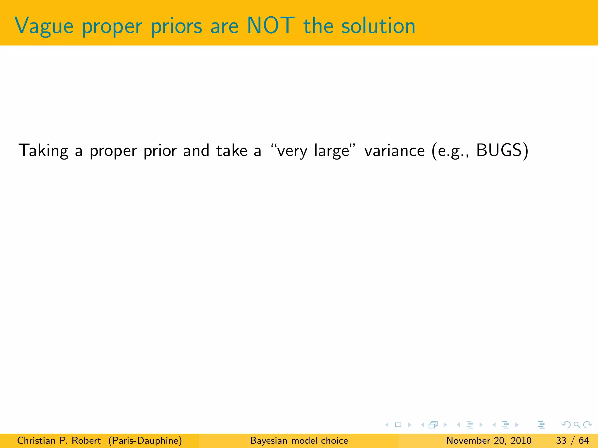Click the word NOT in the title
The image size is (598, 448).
[270, 26]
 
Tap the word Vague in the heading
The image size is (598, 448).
[44, 26]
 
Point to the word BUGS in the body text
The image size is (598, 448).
[499, 150]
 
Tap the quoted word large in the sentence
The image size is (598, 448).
[332, 151]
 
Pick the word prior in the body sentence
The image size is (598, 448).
[160, 151]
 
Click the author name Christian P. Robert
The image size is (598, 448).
[59, 440]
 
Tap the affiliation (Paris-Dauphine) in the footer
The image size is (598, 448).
[145, 440]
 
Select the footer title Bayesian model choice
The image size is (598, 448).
[299, 440]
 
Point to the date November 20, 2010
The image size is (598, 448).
[489, 440]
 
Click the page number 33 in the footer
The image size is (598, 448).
[561, 440]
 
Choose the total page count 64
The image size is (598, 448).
[584, 440]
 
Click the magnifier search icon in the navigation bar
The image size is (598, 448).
[577, 425]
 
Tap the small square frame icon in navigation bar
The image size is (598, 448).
[398, 425]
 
